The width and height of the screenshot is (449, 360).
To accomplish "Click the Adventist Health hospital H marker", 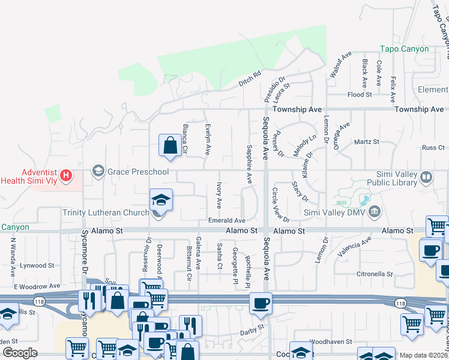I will coord(67,176).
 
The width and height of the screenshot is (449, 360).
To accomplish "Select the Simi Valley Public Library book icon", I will coord(426,177).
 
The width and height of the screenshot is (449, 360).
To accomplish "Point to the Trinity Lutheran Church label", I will coord(105,212).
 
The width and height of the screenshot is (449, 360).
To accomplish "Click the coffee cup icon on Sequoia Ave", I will coord(260,304).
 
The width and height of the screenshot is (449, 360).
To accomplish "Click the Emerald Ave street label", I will coord(227,221).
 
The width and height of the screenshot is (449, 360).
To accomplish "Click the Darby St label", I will coord(252,328).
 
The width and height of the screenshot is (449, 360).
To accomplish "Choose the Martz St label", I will coord(367,142).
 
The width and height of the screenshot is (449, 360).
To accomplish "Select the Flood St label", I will coord(360,95).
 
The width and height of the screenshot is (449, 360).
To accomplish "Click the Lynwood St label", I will coord(37,265).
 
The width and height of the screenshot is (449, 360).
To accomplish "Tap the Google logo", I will coord(20,353).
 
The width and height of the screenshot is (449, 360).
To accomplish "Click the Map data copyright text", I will coord(424,355).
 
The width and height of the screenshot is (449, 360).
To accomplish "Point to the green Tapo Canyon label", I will coord(405,49).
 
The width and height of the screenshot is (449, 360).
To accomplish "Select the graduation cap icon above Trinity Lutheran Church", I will coord(161,200).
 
